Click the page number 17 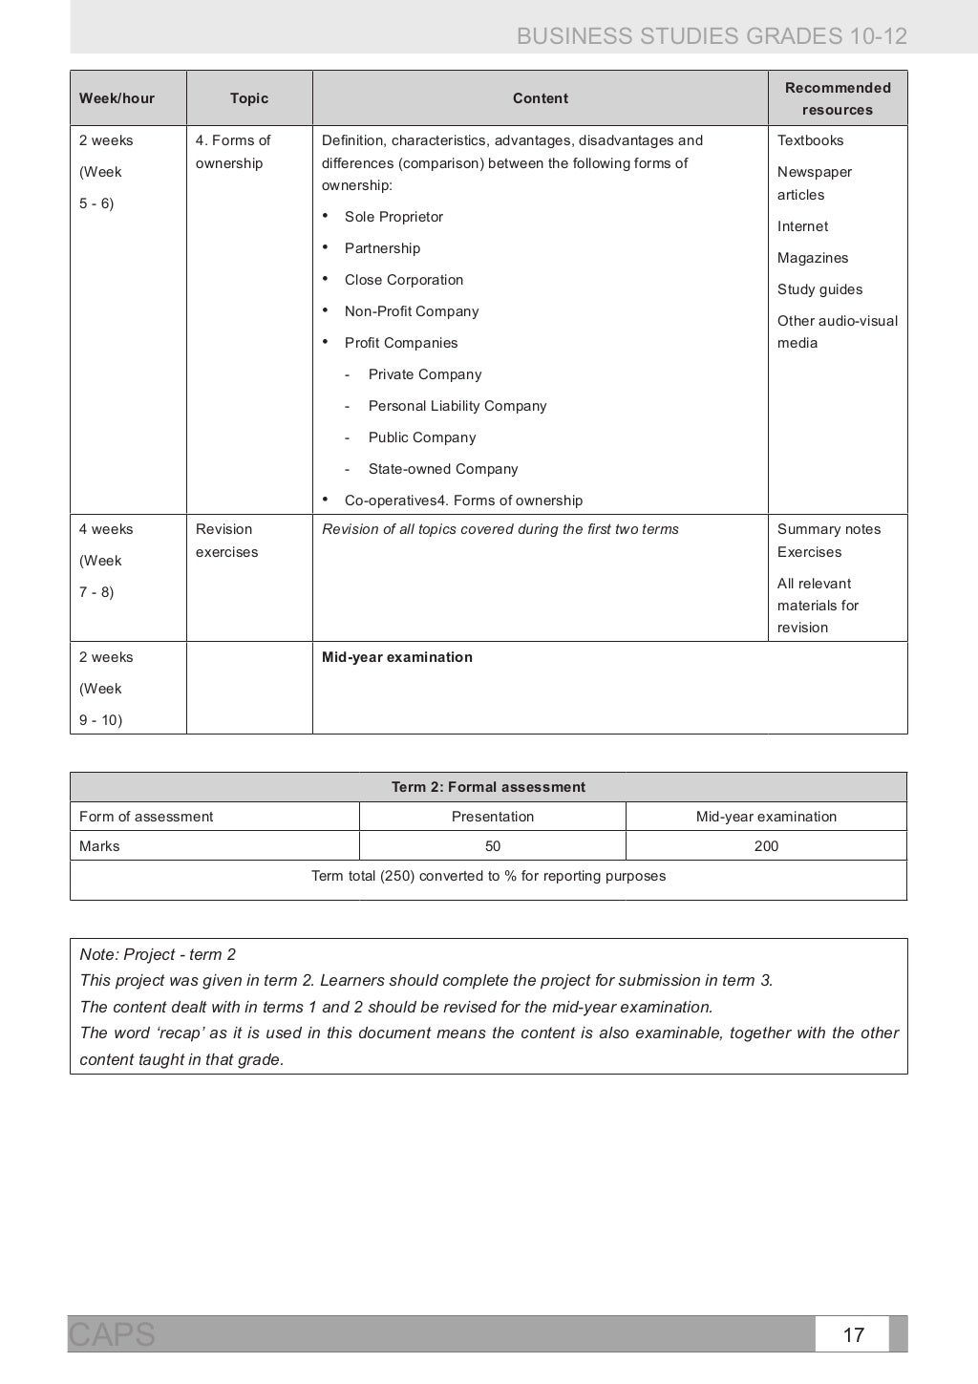853,1334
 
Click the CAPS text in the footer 112,1334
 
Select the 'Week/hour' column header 117,98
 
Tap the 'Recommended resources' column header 838,98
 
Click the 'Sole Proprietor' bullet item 393,217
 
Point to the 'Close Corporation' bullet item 404,280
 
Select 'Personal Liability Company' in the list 457,406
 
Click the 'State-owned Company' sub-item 443,469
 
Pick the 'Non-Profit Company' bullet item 412,311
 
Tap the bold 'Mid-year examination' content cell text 397,657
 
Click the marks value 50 493,846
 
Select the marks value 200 766,846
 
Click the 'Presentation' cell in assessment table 493,817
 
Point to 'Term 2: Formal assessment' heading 488,787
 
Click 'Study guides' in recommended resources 819,289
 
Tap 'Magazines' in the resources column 813,258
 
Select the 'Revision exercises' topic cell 226,541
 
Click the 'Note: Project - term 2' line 158,954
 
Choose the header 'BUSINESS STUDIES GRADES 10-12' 712,36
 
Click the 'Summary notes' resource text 829,529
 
